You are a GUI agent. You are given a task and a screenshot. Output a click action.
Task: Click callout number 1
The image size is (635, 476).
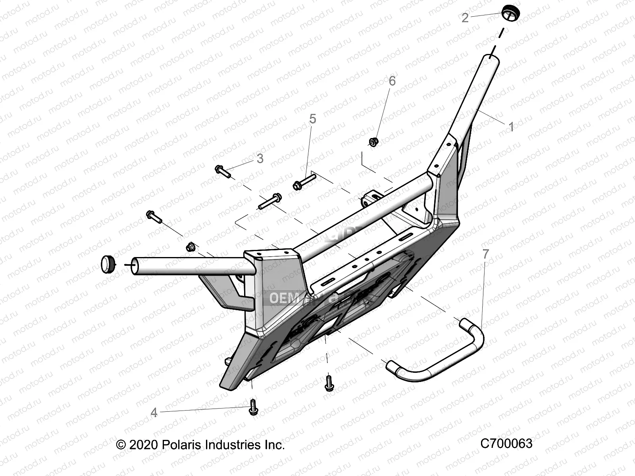511,127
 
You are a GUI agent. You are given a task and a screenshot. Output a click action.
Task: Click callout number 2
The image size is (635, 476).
465,17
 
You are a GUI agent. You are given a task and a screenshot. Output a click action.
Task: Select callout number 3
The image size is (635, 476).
260,159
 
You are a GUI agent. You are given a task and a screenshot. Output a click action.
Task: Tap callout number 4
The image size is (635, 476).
154,413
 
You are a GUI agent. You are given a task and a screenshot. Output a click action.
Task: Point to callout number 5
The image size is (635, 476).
313,119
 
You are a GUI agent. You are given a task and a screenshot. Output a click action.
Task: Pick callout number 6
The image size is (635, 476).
392,81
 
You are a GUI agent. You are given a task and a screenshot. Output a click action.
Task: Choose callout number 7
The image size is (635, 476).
485,254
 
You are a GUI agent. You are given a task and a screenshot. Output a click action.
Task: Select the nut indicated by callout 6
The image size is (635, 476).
373,141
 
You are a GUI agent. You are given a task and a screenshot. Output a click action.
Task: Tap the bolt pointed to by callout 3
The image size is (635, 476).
223,171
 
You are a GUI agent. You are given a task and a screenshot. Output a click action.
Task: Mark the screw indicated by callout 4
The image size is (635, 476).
253,408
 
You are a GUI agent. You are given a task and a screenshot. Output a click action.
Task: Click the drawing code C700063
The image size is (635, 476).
506,443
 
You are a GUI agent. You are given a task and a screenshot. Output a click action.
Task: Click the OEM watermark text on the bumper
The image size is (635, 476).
285,298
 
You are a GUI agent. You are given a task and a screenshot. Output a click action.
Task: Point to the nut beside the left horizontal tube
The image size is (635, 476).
190,247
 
